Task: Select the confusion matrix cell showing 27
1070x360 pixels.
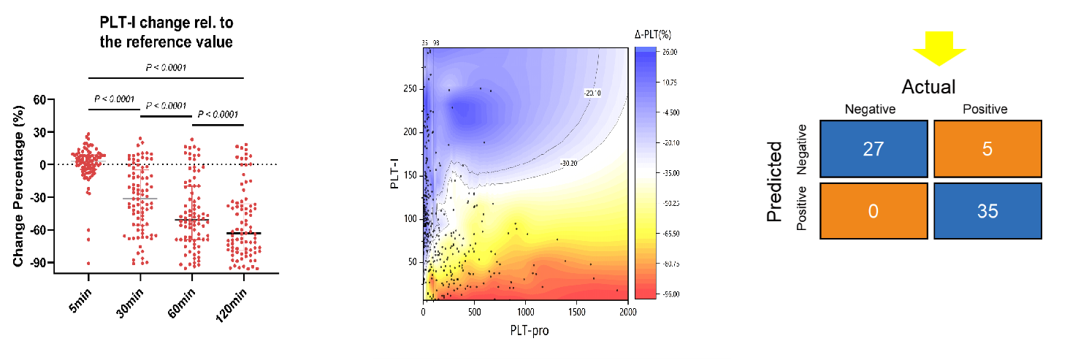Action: click(873, 149)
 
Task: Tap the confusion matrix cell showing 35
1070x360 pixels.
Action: click(986, 211)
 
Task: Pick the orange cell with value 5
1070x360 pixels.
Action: click(986, 149)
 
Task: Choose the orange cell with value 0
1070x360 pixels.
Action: click(873, 211)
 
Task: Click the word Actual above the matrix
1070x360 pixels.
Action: click(928, 88)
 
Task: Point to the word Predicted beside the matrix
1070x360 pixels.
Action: click(774, 181)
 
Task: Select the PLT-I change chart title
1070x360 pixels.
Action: click(166, 34)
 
